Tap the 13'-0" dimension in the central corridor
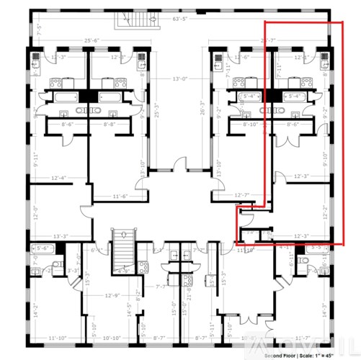pyautogui.click(x=180, y=78)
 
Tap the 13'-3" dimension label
pyautogui.click(x=61, y=235)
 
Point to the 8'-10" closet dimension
pyautogui.click(x=250, y=124)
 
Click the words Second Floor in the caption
pyautogui.click(x=282, y=355)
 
